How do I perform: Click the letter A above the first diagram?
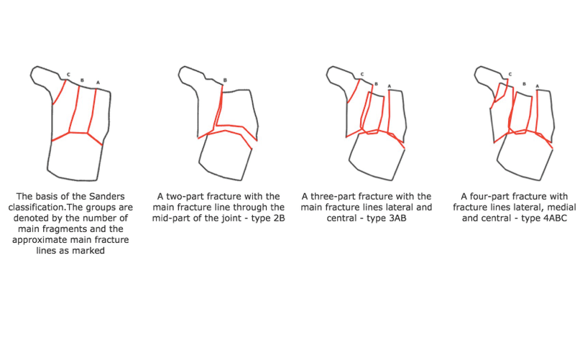click(98, 83)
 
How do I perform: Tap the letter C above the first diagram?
click(68, 74)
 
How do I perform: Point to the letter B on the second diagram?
click(225, 80)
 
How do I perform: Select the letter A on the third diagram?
click(389, 87)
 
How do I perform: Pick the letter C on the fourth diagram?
click(510, 74)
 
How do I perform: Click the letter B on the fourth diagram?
click(525, 84)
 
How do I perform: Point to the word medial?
click(551, 208)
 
